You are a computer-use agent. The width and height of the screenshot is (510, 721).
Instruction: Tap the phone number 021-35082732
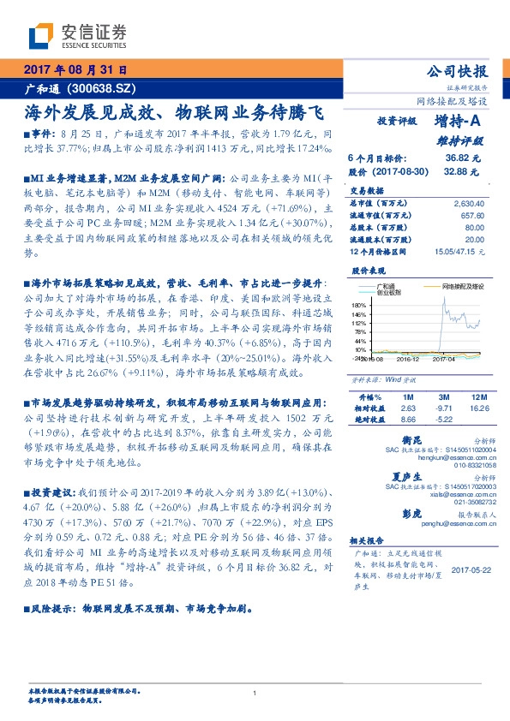[x=466, y=504]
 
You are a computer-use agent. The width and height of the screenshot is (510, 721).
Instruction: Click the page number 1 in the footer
[x=255, y=694]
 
